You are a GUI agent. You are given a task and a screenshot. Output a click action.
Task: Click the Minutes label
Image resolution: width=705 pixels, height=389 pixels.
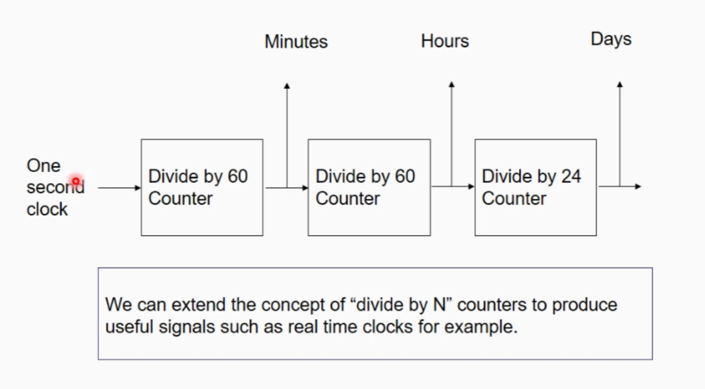click(x=296, y=42)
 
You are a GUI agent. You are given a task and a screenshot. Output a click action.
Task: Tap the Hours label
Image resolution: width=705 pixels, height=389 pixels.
click(x=445, y=41)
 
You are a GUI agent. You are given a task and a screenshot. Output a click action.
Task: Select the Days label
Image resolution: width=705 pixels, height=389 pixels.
click(x=611, y=39)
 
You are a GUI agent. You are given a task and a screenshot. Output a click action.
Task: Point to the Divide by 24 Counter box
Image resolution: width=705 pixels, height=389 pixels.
click(x=535, y=187)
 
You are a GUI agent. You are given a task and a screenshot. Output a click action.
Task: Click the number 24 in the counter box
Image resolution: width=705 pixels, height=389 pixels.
click(x=570, y=176)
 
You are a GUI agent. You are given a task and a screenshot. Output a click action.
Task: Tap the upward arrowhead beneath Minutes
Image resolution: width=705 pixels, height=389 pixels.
click(x=287, y=86)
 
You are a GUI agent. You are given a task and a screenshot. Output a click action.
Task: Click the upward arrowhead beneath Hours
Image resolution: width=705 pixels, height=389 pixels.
click(x=451, y=85)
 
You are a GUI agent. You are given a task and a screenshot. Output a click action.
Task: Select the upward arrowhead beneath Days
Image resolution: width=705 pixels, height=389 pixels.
click(x=619, y=85)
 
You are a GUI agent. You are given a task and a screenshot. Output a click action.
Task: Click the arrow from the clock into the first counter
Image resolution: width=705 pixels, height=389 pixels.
click(x=119, y=188)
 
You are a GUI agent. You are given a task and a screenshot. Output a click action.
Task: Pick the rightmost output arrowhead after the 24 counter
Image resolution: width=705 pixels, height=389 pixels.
click(x=638, y=187)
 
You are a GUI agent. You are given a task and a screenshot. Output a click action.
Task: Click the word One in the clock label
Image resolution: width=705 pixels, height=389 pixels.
click(x=43, y=166)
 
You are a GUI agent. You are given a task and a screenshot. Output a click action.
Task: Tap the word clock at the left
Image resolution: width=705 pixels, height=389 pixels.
click(x=47, y=209)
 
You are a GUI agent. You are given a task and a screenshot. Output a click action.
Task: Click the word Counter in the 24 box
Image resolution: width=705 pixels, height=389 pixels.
click(x=513, y=198)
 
